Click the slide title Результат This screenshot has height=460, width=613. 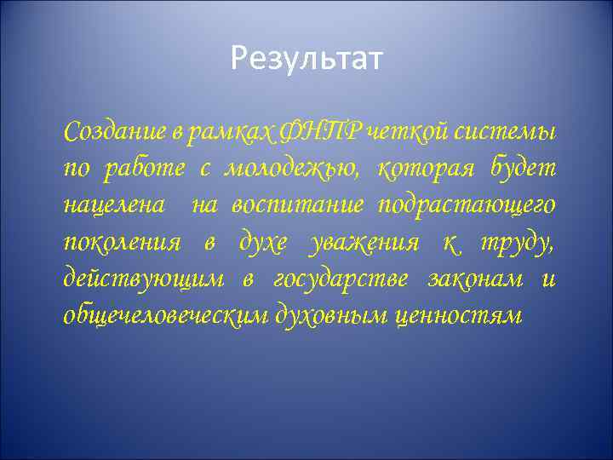tap(306, 60)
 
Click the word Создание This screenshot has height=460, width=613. tap(110, 133)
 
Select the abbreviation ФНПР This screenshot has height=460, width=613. tap(318, 133)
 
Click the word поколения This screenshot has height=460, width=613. tap(122, 243)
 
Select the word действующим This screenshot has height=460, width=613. tap(143, 279)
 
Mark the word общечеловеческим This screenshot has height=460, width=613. tap(163, 316)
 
